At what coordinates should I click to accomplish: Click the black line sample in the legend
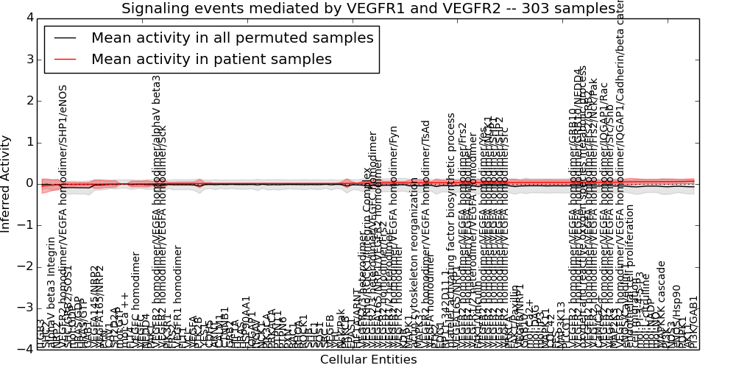click(x=64, y=38)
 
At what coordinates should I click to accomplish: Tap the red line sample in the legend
click(x=64, y=59)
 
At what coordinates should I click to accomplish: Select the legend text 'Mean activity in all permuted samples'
click(x=232, y=38)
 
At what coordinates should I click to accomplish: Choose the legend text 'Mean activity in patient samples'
click(x=211, y=59)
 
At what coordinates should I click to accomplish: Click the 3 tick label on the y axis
click(x=29, y=59)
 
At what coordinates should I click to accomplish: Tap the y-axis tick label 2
click(x=29, y=101)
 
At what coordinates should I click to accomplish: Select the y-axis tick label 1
click(x=29, y=142)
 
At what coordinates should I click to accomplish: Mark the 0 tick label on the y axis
click(x=29, y=183)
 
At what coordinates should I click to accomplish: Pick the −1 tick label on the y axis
click(x=26, y=225)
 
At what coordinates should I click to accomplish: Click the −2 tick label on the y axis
click(x=26, y=266)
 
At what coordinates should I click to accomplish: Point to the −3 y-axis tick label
click(x=26, y=308)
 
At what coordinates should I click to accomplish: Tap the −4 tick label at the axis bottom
click(x=26, y=349)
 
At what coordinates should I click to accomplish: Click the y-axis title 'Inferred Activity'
click(x=7, y=183)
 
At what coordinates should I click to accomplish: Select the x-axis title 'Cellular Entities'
click(x=368, y=360)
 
